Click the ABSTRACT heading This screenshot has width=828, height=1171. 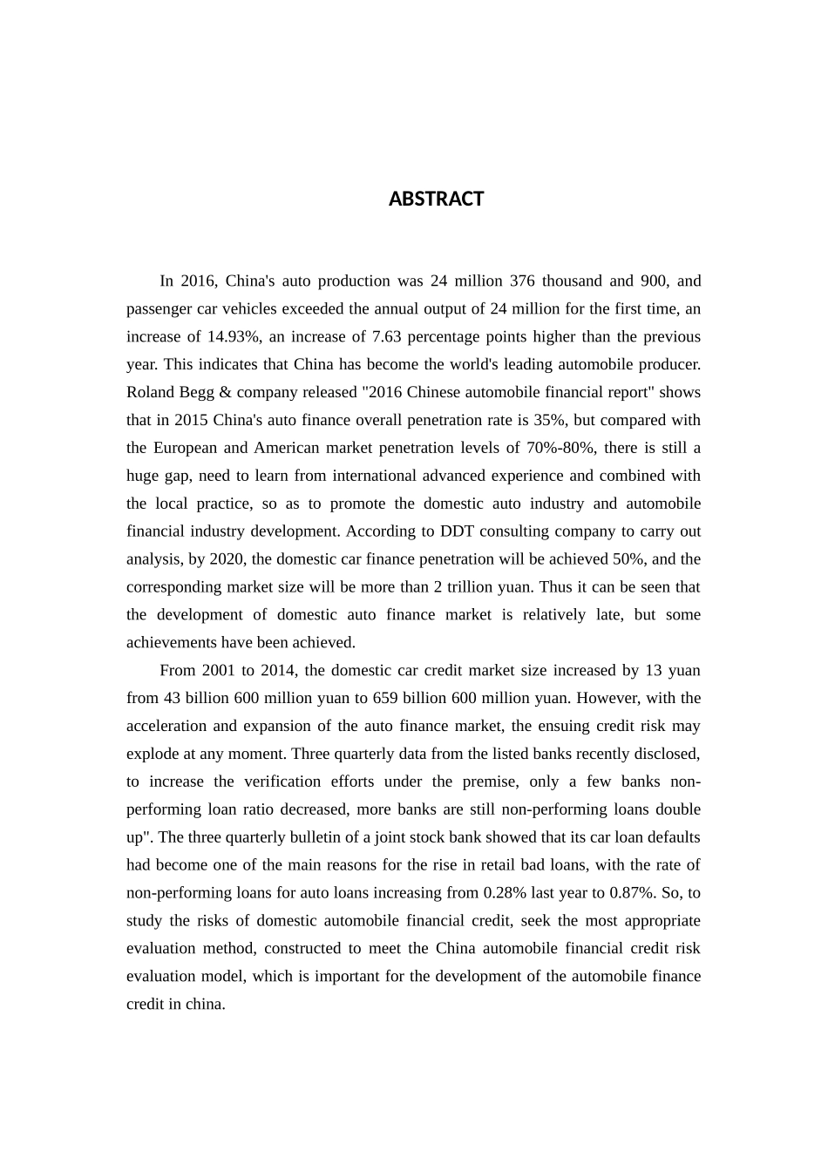(x=436, y=200)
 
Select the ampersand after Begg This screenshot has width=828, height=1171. (x=225, y=393)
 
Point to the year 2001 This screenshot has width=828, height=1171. (x=219, y=671)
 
